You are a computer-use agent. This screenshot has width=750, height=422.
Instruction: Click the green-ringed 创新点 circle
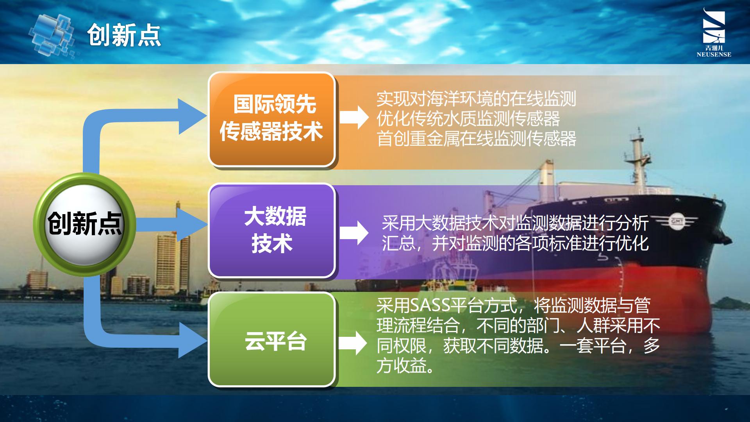[x=84, y=225]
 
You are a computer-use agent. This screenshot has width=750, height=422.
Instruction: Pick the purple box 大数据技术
[x=272, y=231]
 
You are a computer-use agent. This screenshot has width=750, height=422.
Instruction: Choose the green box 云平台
[x=272, y=339]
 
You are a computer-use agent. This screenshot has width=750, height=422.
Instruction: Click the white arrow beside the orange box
[x=354, y=118]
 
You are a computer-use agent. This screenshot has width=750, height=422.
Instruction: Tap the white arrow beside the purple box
[x=354, y=233]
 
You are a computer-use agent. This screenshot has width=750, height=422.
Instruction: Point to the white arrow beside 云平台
[x=353, y=343]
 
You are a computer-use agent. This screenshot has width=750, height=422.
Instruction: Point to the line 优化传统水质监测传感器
[x=468, y=119]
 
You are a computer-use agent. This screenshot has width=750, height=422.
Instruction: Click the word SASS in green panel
[x=430, y=305]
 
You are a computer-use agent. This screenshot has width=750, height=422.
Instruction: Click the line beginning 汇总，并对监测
[x=515, y=243]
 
